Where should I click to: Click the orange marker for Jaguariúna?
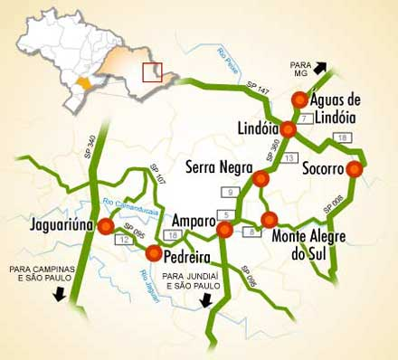106,226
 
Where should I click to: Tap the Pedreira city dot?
153,252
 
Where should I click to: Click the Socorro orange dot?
355,169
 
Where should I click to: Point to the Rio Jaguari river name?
150,284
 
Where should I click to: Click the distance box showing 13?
289,158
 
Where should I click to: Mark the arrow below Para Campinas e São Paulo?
58,294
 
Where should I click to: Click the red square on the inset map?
152,71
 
